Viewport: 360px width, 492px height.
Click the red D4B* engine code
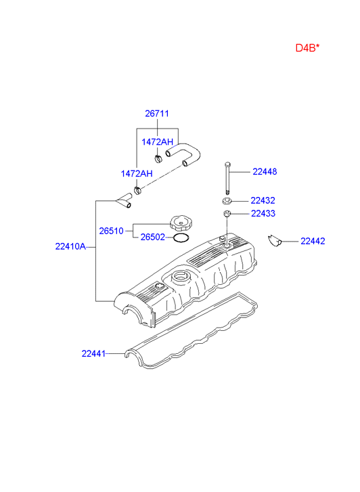tap(307, 48)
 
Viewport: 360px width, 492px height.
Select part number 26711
tap(156, 113)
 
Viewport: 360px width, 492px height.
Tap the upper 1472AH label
tap(157, 142)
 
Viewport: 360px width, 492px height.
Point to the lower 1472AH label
tap(137, 173)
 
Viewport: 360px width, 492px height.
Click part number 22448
tap(265, 172)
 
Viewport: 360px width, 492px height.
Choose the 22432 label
tap(263, 200)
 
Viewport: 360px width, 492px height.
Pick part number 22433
tap(263, 214)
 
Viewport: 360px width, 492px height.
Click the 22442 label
tap(313, 242)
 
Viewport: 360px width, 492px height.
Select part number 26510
tap(111, 231)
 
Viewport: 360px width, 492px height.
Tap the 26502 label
tap(152, 238)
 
